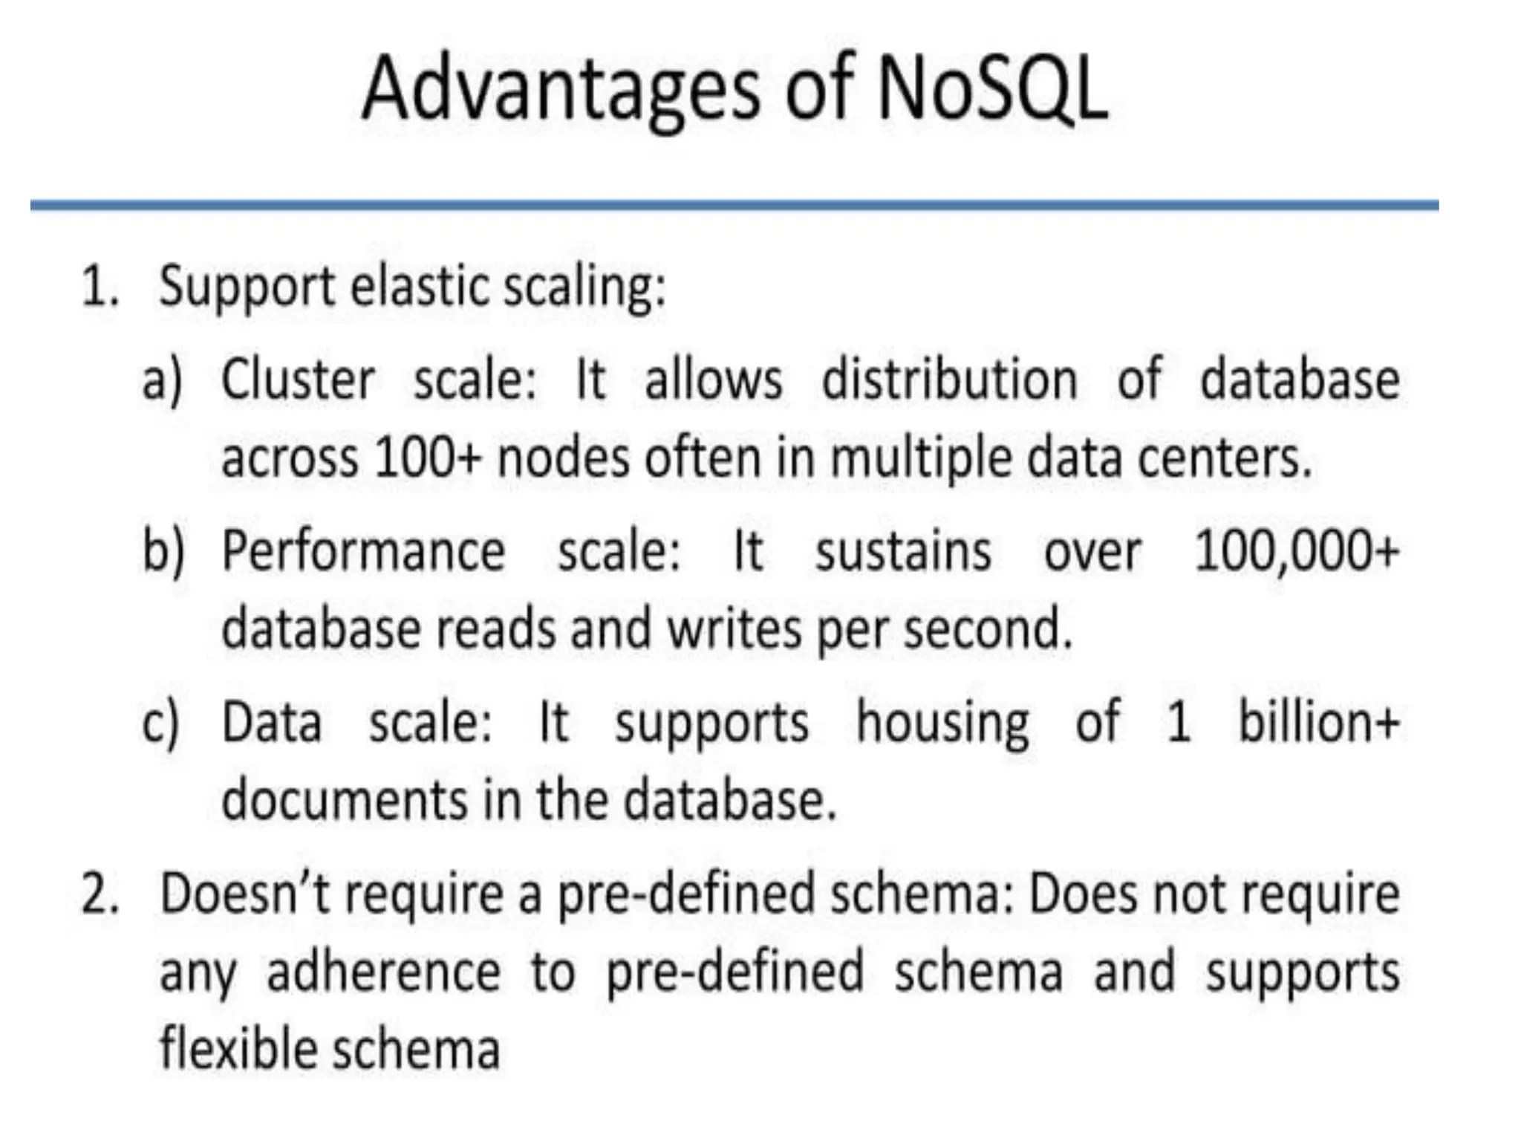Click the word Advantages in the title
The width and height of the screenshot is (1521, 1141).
pyautogui.click(x=561, y=89)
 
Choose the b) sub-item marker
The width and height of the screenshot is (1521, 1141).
pyautogui.click(x=163, y=551)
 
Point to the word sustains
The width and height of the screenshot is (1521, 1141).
pyautogui.click(x=903, y=551)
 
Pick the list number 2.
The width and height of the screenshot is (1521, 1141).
pyautogui.click(x=100, y=894)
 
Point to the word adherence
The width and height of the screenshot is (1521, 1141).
pyautogui.click(x=383, y=972)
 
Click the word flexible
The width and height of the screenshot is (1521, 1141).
pyautogui.click(x=237, y=1048)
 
